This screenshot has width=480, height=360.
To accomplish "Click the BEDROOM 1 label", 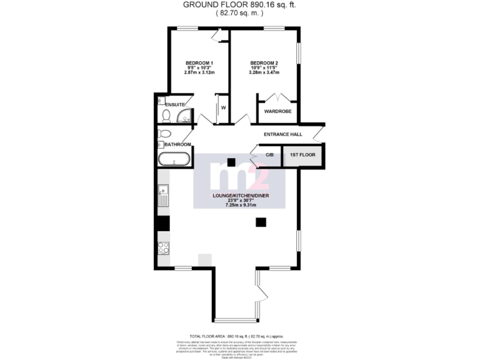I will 199,63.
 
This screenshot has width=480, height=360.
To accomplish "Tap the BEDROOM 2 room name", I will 264,63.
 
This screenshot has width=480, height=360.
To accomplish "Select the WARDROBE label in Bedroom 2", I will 278,111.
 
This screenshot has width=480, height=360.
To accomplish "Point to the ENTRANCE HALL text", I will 282,134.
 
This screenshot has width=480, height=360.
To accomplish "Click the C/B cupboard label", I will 269,154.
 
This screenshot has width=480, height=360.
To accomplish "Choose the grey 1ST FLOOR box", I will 302,155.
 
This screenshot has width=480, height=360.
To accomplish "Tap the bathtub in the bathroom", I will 174,158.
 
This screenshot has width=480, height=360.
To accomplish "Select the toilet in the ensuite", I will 165,116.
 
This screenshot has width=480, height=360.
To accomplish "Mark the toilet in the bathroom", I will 164,134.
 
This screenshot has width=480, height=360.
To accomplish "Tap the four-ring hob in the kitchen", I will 164,247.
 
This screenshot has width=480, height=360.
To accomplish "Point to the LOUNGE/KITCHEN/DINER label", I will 240,196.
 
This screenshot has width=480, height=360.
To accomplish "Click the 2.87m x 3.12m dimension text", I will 199,72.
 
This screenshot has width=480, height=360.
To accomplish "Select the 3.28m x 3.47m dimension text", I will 264,72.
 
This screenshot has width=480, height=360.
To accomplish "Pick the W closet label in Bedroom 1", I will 222,107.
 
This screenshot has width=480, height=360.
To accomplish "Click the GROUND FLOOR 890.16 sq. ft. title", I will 240,4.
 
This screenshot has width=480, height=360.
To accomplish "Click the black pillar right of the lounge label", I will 261,221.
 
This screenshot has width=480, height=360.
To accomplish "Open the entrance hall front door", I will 319,132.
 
